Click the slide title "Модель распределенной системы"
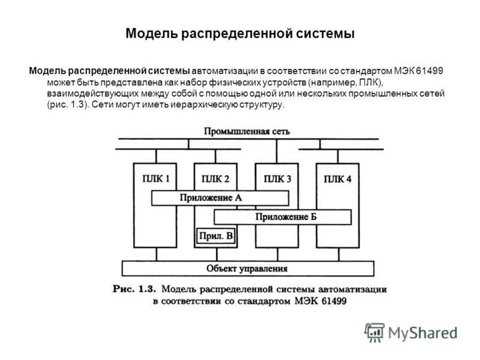240,33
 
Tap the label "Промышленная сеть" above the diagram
247,131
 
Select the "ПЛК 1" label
155,178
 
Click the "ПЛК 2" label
215,178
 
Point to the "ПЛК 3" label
277,178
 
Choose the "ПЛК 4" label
337,179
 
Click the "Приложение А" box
220,197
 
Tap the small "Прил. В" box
216,236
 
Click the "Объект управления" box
247,268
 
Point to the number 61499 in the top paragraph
429,71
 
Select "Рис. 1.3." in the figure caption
134,289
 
